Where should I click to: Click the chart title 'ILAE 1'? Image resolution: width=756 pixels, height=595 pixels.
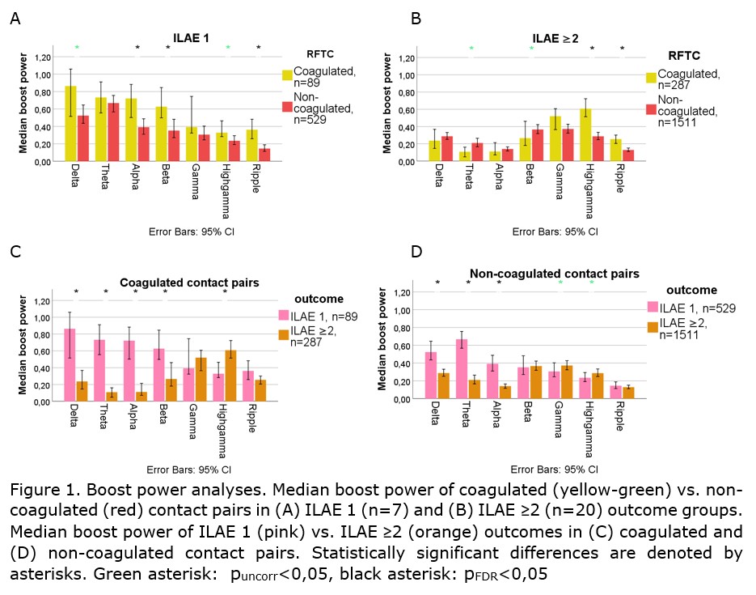point(190,37)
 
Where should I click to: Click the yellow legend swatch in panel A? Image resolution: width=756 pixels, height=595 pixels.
point(287,75)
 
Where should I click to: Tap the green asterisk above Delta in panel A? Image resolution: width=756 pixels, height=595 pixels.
point(77,48)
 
